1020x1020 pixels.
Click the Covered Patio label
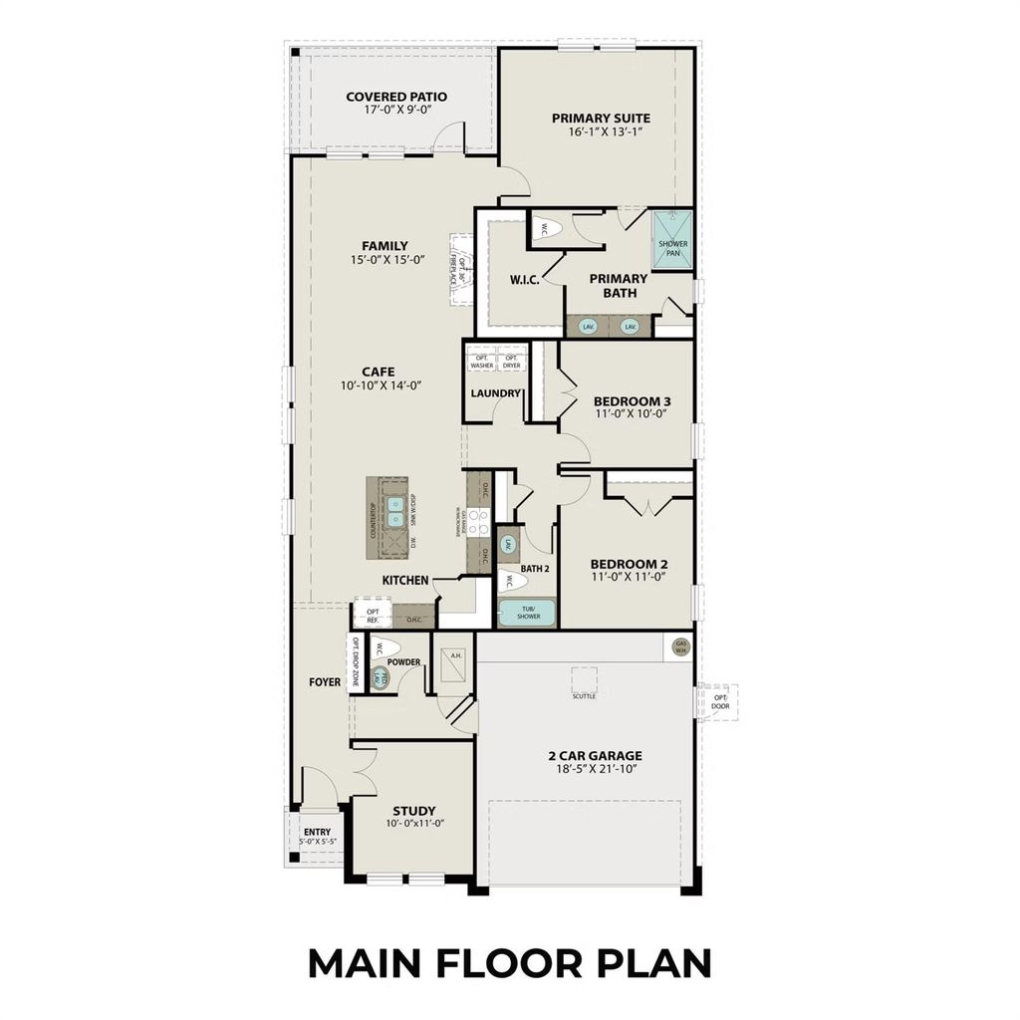pos(395,97)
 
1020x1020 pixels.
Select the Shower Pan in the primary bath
pos(672,241)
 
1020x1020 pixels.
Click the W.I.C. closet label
pos(524,280)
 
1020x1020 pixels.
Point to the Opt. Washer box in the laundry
pos(482,362)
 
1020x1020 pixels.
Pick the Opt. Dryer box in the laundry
pos(511,362)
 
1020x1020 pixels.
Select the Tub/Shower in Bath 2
pos(527,612)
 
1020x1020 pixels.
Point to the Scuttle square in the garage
pos(584,681)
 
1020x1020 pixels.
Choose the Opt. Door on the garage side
pos(719,701)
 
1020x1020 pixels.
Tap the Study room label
pos(413,811)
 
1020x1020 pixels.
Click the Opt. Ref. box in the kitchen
pos(373,616)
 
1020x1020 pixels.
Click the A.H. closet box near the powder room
pos(455,655)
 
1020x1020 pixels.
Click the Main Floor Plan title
pos(509,963)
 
